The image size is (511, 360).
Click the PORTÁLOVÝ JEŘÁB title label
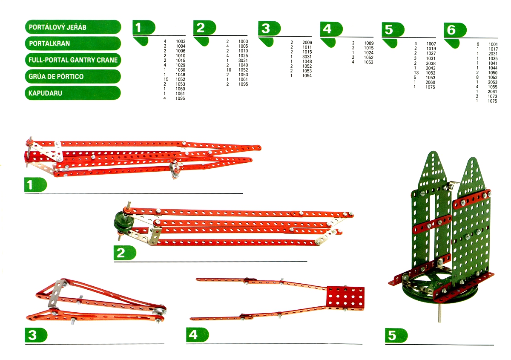click(x=73, y=27)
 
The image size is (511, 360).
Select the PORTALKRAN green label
click(x=73, y=43)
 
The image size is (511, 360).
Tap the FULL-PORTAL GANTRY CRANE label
click(x=73, y=60)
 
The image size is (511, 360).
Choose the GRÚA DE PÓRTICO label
click(x=73, y=76)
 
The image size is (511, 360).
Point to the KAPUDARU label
click(x=73, y=93)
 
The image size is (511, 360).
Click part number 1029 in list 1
click(x=180, y=65)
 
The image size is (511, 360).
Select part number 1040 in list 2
click(x=243, y=65)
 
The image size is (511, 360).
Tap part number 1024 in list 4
click(x=369, y=52)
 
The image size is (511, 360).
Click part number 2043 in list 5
click(x=431, y=68)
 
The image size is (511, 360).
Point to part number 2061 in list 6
click(x=493, y=92)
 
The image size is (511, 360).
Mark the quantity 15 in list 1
click(x=166, y=79)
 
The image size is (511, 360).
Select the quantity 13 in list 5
click(x=416, y=73)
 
